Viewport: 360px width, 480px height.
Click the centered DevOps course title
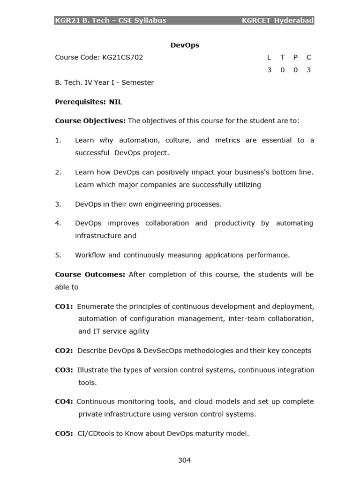pyautogui.click(x=184, y=45)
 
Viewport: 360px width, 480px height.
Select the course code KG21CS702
pyautogui.click(x=122, y=57)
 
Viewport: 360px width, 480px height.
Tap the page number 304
pyautogui.click(x=184, y=460)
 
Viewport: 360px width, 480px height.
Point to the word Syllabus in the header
pyautogui.click(x=150, y=20)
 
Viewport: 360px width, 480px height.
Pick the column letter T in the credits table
pyautogui.click(x=282, y=57)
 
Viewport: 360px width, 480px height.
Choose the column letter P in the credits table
pyautogui.click(x=295, y=57)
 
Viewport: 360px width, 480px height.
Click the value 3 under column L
pyautogui.click(x=269, y=70)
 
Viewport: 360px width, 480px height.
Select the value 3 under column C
pyautogui.click(x=308, y=70)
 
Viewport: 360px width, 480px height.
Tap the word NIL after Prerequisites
pyautogui.click(x=115, y=102)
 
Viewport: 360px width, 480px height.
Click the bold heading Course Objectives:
pyautogui.click(x=90, y=121)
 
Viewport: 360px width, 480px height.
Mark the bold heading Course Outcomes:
pyautogui.click(x=90, y=274)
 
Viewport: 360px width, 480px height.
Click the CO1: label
pyautogui.click(x=64, y=306)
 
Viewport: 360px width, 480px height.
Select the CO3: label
pyautogui.click(x=64, y=370)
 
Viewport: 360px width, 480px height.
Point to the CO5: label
pyautogui.click(x=64, y=434)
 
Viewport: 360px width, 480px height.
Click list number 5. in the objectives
pyautogui.click(x=58, y=255)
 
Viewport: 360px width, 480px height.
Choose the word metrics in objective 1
pyautogui.click(x=227, y=140)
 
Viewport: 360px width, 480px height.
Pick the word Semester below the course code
pyautogui.click(x=138, y=82)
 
